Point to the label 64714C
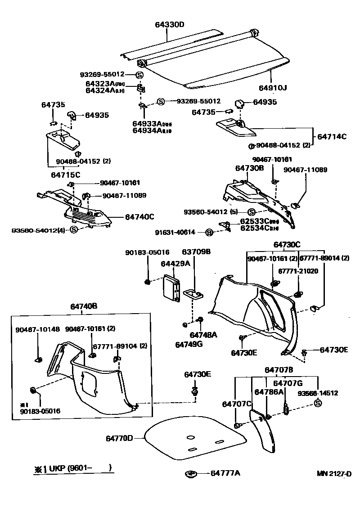tap(332, 136)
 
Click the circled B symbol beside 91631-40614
tap(209, 232)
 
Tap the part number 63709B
tap(196, 252)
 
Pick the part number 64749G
tap(189, 344)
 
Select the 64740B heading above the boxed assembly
tap(83, 306)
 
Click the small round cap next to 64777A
tap(191, 473)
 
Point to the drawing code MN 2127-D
tap(333, 473)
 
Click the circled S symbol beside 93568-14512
tap(318, 403)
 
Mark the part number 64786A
tap(269, 392)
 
